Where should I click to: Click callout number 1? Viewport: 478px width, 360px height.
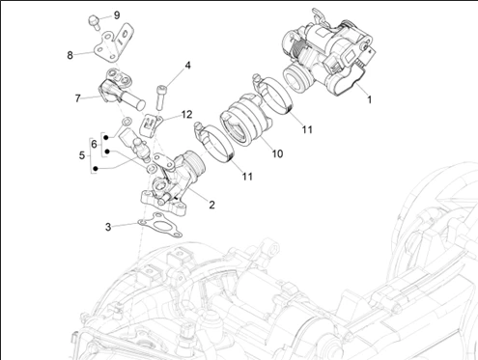[370, 99]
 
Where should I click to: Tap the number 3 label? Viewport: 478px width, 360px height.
[108, 227]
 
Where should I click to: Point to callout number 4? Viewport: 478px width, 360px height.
[187, 66]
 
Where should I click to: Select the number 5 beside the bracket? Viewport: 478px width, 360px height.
[82, 155]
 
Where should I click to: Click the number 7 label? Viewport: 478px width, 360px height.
[77, 98]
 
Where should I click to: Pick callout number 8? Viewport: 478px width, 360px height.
[70, 55]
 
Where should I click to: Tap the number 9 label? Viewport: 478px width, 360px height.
[117, 15]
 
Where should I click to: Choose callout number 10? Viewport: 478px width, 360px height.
[277, 153]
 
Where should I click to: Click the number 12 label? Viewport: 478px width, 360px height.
[186, 114]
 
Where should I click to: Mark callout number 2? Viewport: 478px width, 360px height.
[211, 205]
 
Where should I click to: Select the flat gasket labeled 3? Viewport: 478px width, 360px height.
[160, 225]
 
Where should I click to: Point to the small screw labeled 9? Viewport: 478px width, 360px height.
[94, 22]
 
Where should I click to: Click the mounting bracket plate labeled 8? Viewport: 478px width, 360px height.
[113, 44]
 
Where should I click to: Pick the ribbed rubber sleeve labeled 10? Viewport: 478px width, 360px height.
[245, 120]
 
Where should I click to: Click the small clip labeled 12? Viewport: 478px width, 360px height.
[151, 124]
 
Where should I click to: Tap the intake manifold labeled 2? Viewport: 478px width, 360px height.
[172, 181]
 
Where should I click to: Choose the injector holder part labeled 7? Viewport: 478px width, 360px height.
[119, 89]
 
